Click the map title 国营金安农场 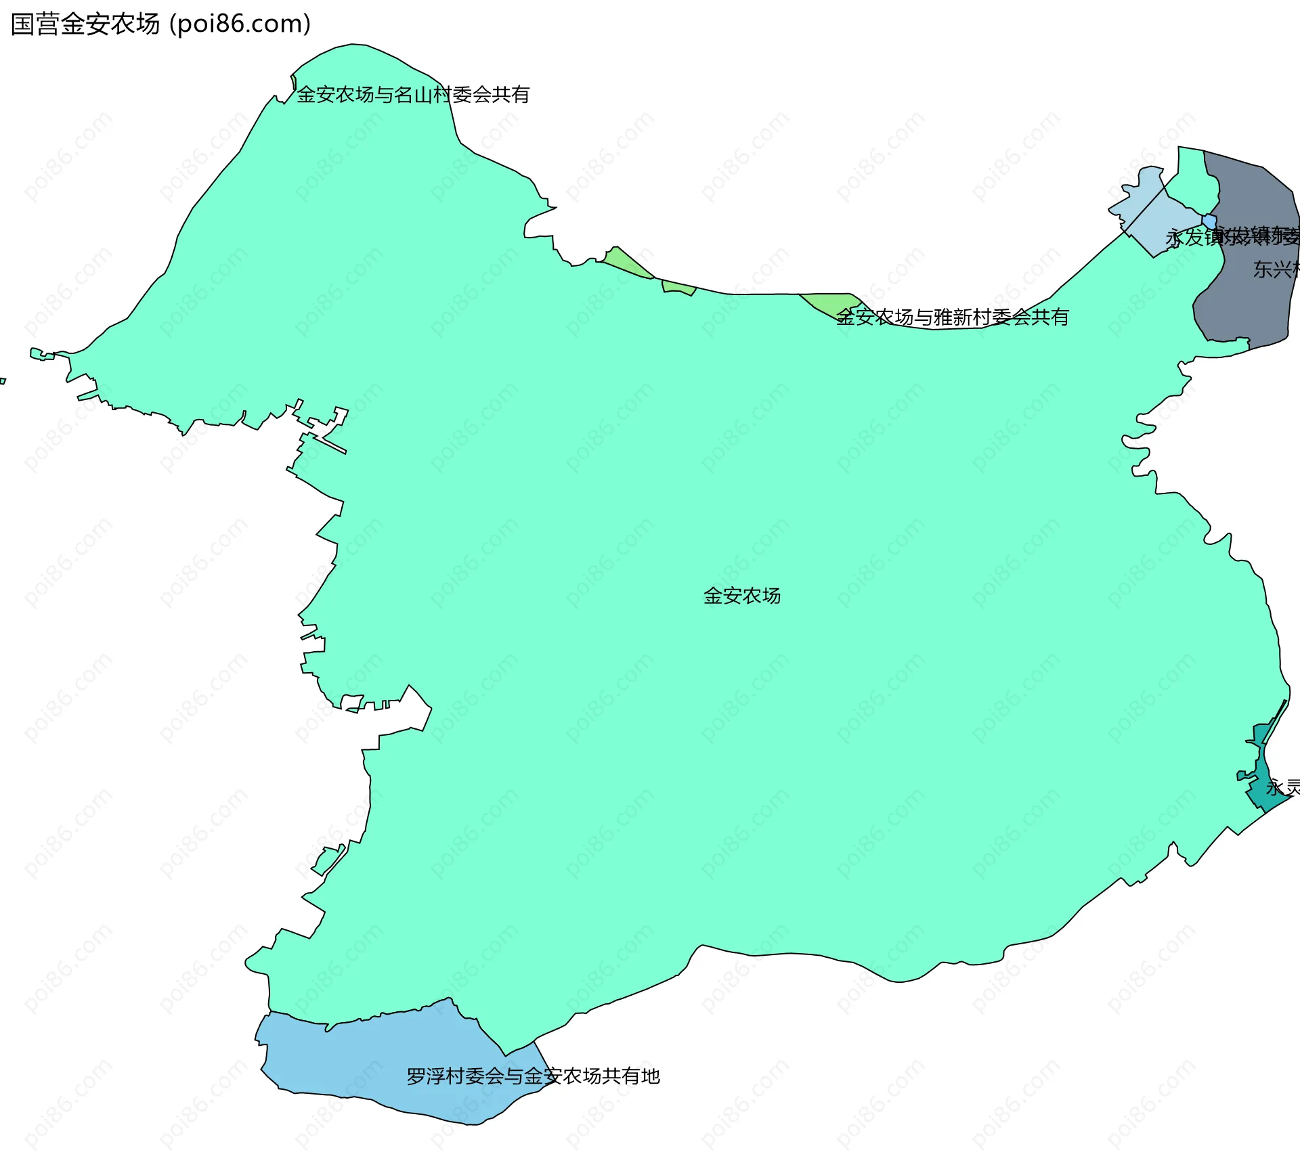pos(85,24)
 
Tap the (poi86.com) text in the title pos(240,24)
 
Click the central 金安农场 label pos(742,596)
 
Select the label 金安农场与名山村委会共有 pos(413,95)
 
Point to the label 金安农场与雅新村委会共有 pos(952,317)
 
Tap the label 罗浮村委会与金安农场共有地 pos(533,1076)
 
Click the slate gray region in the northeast pos(1253,203)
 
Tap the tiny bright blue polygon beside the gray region pos(1209,221)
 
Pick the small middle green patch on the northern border pos(678,288)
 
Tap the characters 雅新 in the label pos(953,317)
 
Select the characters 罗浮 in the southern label pos(426,1076)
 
